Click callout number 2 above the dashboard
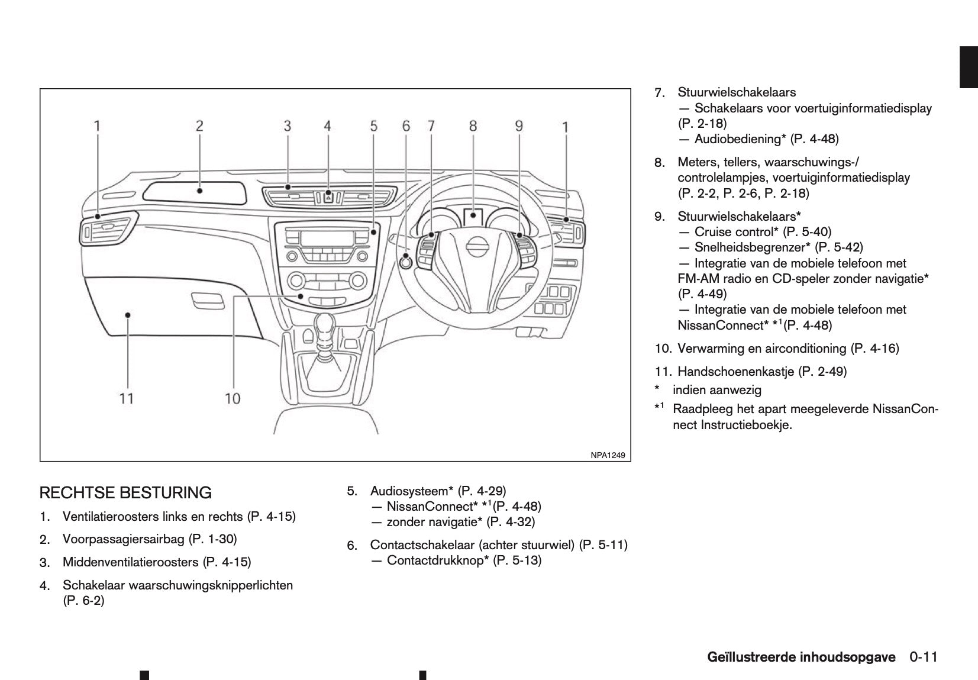point(199,125)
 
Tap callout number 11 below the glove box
point(127,398)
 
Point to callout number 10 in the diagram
point(233,398)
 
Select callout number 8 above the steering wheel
point(473,125)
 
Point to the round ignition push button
point(406,260)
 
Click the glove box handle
point(204,299)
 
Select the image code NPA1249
point(608,455)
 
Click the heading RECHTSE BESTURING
point(125,492)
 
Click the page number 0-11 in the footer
point(924,658)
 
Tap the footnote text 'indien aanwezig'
point(717,390)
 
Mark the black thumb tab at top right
point(969,66)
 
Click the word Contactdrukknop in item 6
point(437,560)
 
